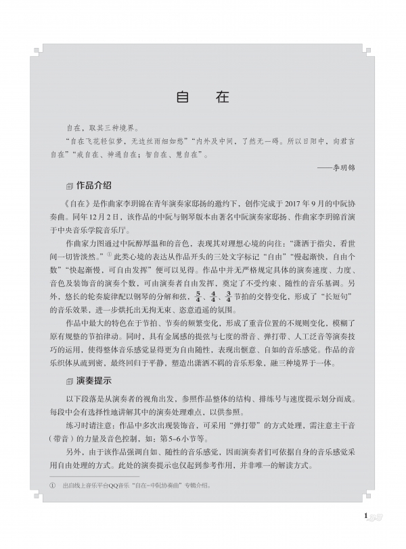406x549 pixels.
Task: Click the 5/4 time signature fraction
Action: click(x=198, y=295)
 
